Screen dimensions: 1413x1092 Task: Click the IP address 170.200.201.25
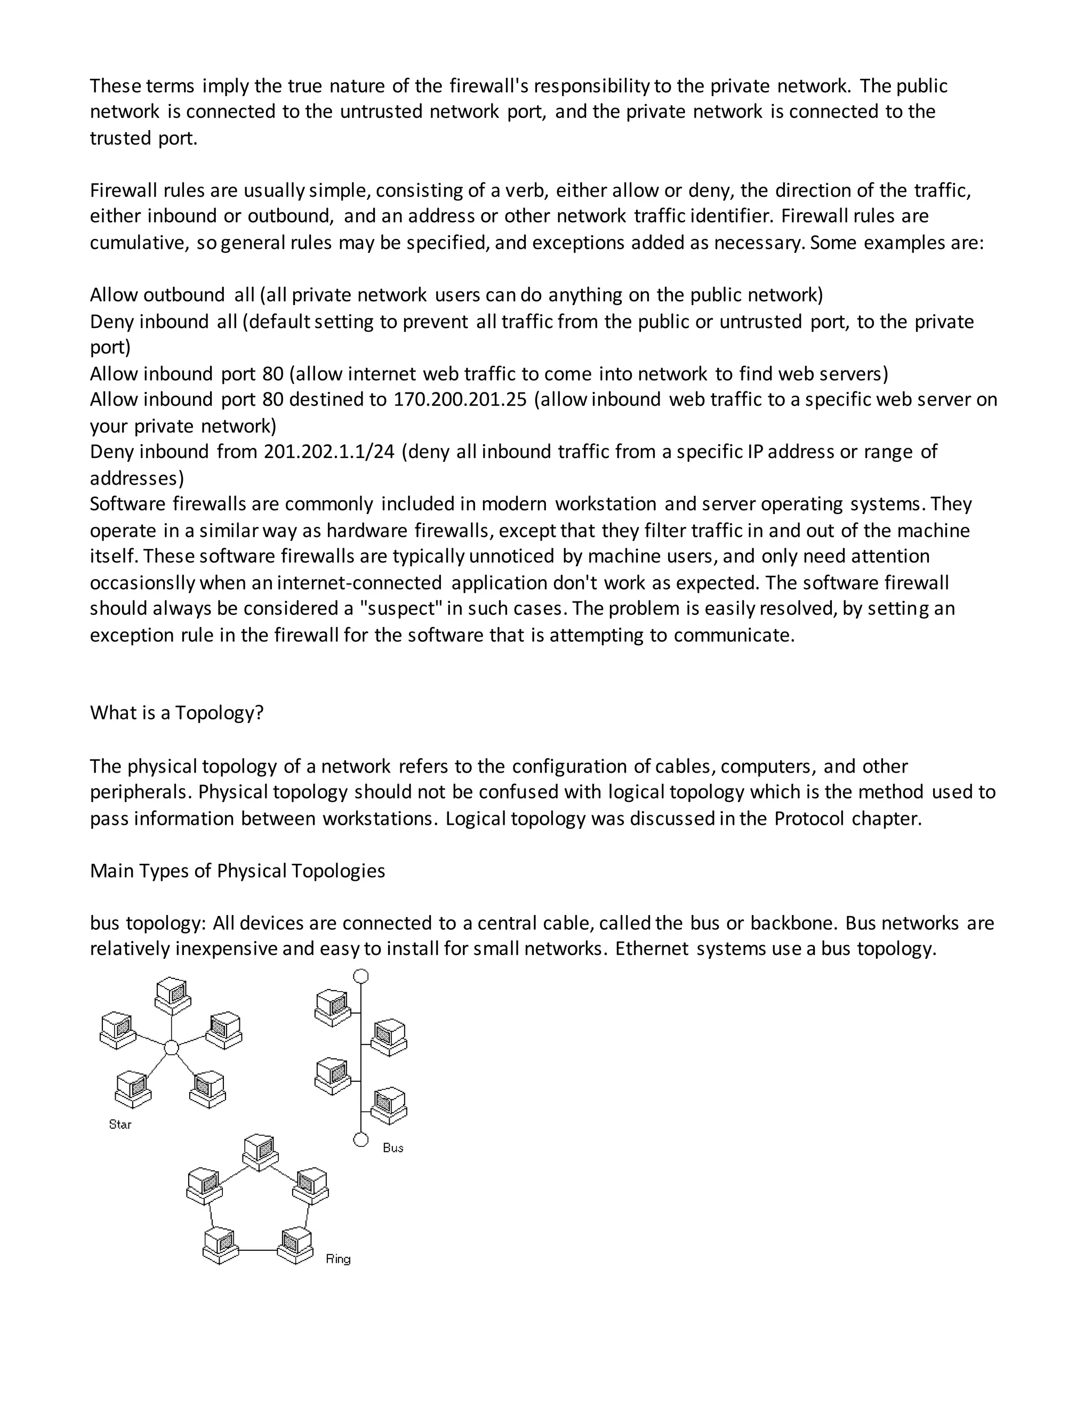[x=460, y=399]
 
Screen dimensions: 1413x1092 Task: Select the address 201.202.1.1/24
[x=328, y=451]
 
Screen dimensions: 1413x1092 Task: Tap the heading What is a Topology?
[x=176, y=712]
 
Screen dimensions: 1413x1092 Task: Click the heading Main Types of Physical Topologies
[x=237, y=870]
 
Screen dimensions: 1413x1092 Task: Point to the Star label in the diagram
[x=121, y=1125]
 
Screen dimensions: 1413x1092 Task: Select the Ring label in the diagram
[x=338, y=1258]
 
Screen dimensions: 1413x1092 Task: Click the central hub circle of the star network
[x=171, y=1047]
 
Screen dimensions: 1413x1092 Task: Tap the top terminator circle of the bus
[x=361, y=976]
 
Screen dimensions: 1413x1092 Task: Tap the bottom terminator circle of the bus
[x=361, y=1139]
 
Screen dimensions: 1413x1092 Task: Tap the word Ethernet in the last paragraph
[x=652, y=949]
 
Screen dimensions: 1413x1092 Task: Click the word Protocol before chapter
[x=809, y=818]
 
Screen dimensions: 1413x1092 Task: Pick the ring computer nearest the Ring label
[x=295, y=1246]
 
